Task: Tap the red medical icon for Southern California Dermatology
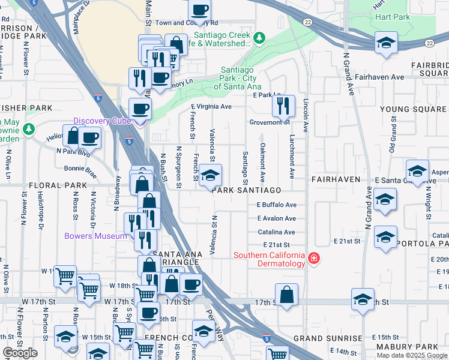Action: coord(313,259)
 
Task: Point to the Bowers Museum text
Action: coord(96,236)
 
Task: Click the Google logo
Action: coord(20,353)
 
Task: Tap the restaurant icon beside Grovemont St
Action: coord(283,106)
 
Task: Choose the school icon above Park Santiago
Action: coord(210,175)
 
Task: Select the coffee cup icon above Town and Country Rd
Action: coord(199,10)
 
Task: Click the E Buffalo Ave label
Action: coord(276,205)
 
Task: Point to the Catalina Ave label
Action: coord(276,232)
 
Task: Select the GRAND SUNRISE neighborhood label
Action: coord(328,339)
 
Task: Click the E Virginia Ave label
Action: coord(211,107)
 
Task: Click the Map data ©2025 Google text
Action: coord(411,355)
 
